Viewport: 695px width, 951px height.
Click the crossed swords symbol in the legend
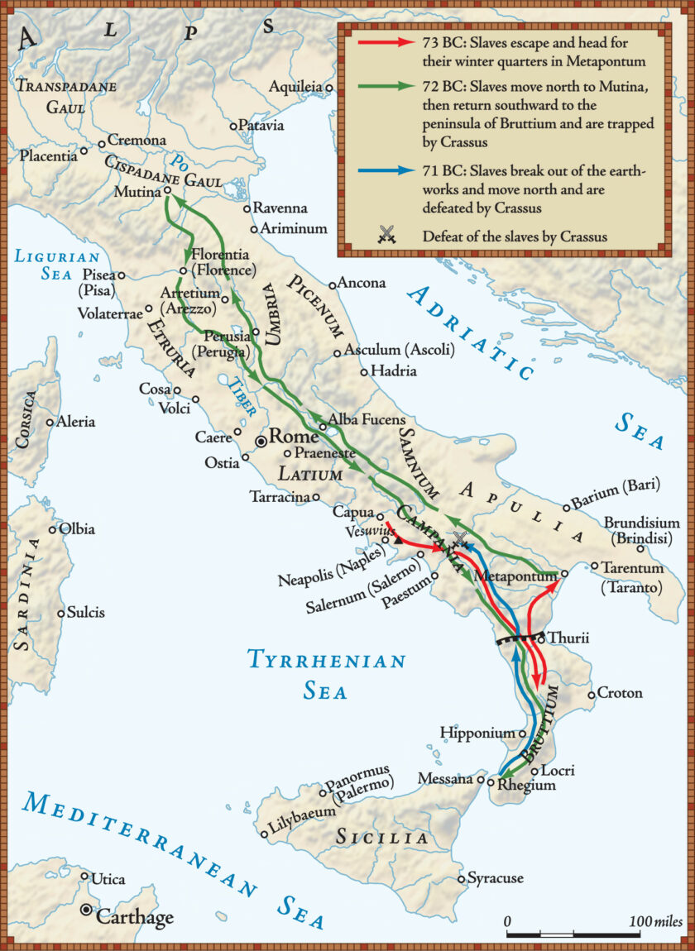pos(385,236)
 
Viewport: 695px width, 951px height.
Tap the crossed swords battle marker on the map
pos(460,538)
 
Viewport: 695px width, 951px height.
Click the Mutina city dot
pos(167,189)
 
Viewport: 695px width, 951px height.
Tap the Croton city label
pos(620,693)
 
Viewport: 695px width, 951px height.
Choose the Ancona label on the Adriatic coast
pos(362,283)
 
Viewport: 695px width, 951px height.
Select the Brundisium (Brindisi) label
pos(641,530)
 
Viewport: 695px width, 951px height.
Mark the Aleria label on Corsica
pos(75,422)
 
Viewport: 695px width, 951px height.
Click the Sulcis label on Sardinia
pos(86,614)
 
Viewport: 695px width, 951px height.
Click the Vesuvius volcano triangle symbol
pos(397,540)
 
